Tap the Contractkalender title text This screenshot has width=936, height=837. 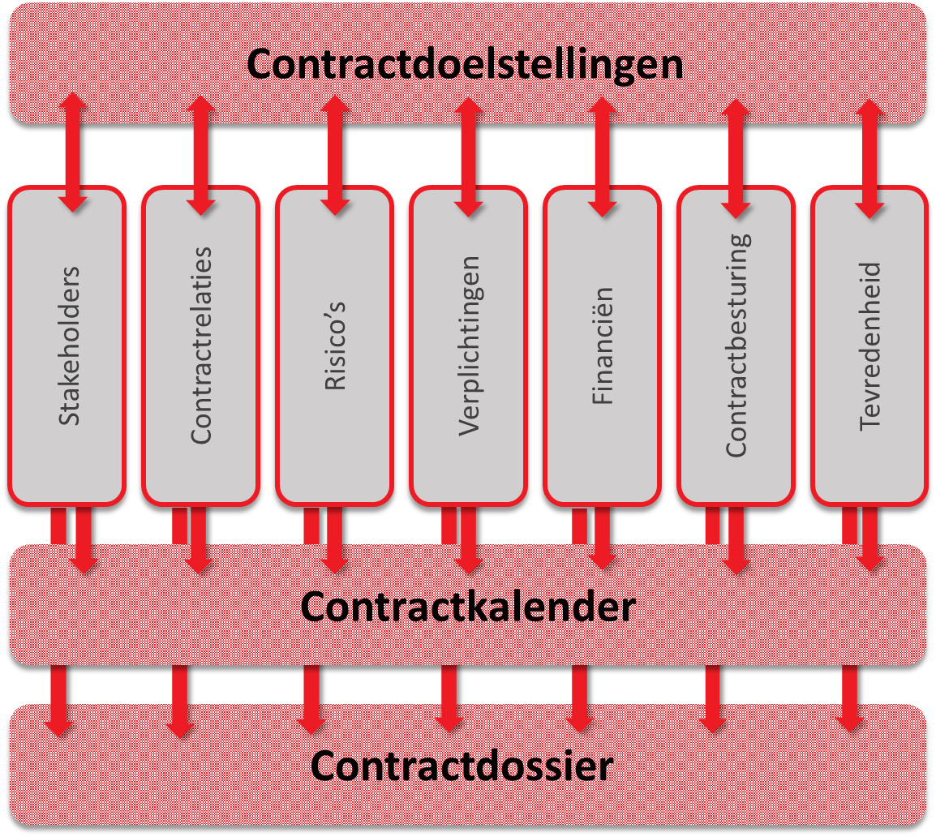468,607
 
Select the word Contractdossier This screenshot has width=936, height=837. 462,766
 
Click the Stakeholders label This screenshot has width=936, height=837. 69,346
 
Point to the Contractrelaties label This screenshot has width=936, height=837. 201,345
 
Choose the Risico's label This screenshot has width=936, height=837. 335,346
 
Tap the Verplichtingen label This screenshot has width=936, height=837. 470,346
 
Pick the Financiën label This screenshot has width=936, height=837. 603,346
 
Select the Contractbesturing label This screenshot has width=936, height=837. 738,346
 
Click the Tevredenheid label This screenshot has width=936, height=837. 869,346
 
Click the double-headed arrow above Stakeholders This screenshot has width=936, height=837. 73,152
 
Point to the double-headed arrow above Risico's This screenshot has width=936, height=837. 335,155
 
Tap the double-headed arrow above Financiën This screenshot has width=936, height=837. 603,157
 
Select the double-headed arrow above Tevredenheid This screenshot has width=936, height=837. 869,159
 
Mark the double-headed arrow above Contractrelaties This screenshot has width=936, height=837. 201,155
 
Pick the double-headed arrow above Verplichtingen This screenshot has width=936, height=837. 469,157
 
